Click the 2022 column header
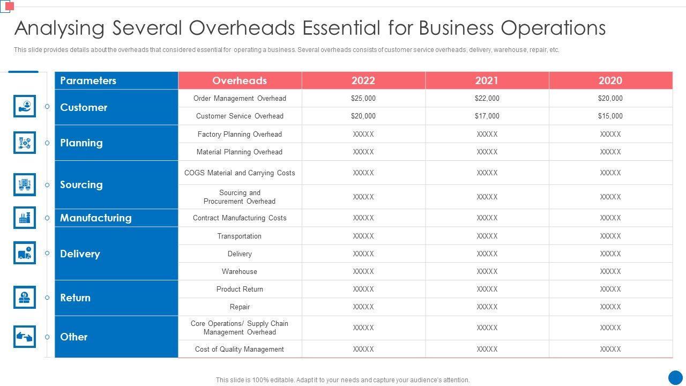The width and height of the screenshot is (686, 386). click(363, 80)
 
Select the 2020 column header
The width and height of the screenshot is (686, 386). click(610, 80)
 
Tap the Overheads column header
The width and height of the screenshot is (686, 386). click(240, 80)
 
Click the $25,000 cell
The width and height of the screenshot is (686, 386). click(363, 98)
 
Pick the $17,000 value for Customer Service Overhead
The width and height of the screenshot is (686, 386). click(487, 116)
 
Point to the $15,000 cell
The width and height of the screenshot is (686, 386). click(610, 116)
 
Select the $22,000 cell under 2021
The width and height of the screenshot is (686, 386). click(487, 98)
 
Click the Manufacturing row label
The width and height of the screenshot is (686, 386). click(96, 218)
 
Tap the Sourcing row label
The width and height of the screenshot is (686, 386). click(81, 184)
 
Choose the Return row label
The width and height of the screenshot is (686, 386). click(76, 298)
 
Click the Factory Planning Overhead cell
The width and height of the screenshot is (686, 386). click(240, 134)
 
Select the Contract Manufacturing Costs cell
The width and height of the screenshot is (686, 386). click(240, 218)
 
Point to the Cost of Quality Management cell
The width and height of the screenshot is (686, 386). click(240, 349)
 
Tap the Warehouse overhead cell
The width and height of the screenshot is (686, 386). click(240, 271)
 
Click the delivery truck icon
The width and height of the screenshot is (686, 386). click(25, 253)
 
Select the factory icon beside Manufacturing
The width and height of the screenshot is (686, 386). click(25, 218)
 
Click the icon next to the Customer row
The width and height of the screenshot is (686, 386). click(25, 106)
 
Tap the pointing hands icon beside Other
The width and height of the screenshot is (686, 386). click(25, 337)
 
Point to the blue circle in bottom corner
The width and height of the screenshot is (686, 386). click(675, 377)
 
